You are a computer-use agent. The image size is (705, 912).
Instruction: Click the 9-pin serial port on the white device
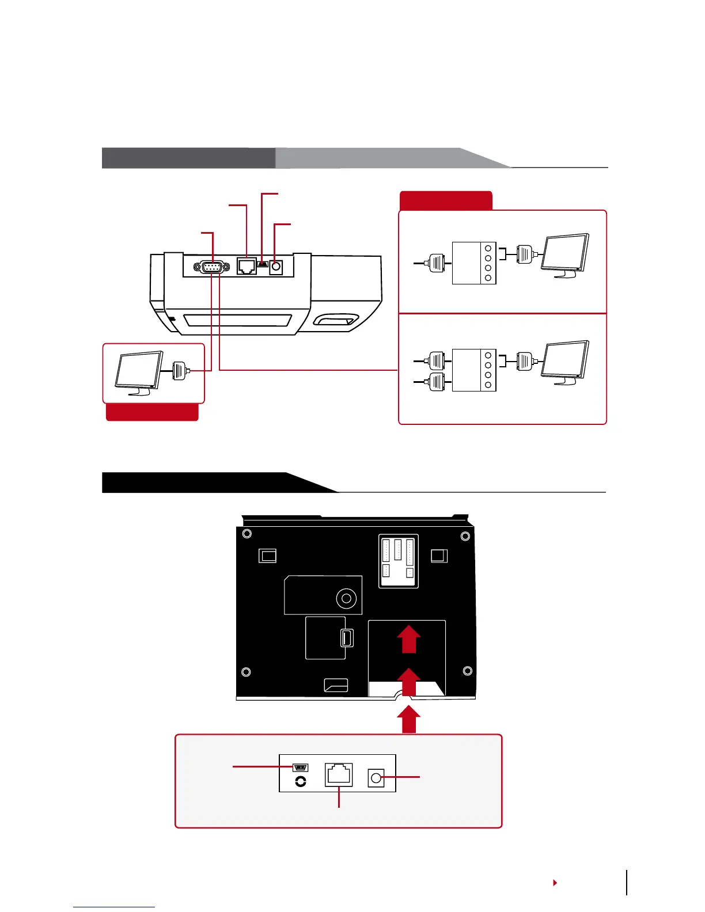click(x=209, y=267)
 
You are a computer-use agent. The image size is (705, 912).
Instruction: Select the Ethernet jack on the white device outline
click(x=247, y=267)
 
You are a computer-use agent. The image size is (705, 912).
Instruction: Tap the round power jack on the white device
click(x=276, y=267)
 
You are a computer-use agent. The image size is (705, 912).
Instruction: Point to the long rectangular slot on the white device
click(x=236, y=320)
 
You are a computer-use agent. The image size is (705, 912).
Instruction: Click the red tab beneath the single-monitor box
click(x=152, y=412)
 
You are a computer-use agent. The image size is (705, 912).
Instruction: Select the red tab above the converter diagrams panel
click(x=446, y=200)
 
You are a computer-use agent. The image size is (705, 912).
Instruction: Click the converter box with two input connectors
click(x=474, y=370)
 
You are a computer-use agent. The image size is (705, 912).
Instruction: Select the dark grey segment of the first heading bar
click(x=188, y=158)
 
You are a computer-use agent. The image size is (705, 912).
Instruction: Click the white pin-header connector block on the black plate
click(x=398, y=561)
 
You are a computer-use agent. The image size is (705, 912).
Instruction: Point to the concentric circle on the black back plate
click(x=346, y=599)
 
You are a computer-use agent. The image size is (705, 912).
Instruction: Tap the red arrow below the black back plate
click(x=408, y=721)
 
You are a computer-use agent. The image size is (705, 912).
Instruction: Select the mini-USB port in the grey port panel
click(x=301, y=767)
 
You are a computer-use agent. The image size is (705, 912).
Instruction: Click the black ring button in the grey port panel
click(x=300, y=781)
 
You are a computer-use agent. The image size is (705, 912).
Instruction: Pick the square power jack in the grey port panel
click(x=376, y=778)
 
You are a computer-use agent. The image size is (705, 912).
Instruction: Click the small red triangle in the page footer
click(x=555, y=883)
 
